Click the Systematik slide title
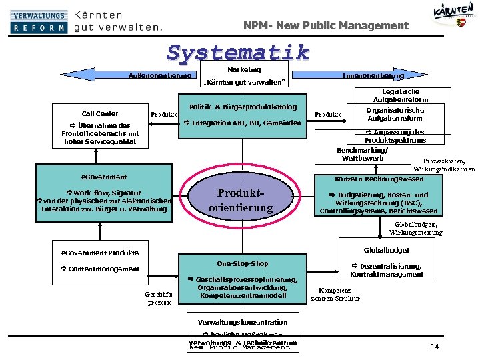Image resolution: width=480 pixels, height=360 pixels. [238, 52]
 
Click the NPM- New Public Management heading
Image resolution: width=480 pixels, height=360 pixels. [325, 25]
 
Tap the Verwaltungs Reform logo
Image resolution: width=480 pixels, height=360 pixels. [39, 21]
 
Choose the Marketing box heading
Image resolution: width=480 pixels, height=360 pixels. [244, 69]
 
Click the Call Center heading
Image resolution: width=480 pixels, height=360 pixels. [100, 113]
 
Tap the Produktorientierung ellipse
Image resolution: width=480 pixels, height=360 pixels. [241, 200]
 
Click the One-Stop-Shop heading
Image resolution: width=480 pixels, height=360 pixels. [243, 263]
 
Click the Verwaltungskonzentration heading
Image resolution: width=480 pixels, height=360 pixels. [243, 322]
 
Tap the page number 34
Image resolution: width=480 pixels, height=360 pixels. [434, 346]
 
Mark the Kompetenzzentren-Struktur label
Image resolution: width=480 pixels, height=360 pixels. [335, 294]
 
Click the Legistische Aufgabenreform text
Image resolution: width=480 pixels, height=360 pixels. [401, 95]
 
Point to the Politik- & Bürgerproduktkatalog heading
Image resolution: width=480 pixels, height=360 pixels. [243, 107]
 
